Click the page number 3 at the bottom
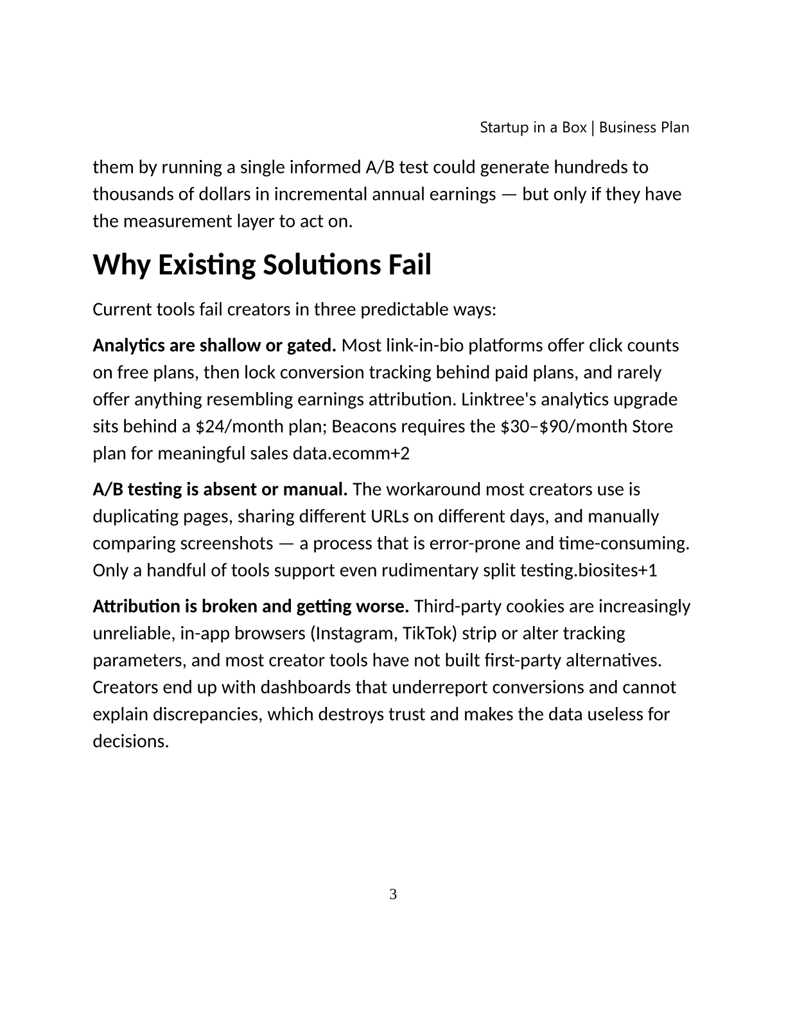pyautogui.click(x=393, y=894)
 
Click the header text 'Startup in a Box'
pyautogui.click(x=533, y=127)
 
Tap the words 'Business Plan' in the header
pyautogui.click(x=644, y=127)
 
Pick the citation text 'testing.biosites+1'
pyautogui.click(x=593, y=571)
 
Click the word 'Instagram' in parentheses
pyautogui.click(x=351, y=634)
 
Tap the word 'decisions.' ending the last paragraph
pyautogui.click(x=131, y=742)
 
